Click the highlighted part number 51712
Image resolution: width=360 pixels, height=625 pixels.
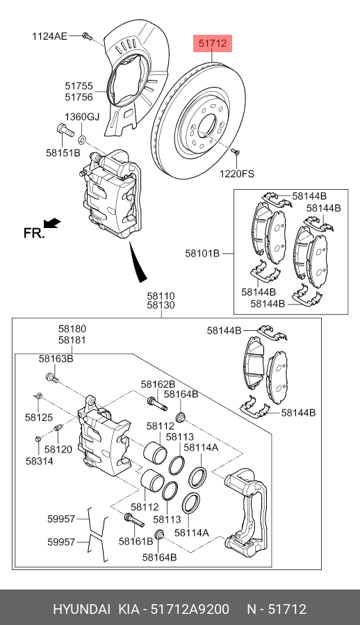[213, 43]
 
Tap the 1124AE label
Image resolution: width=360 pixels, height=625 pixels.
[50, 36]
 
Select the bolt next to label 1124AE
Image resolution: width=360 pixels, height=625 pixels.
[88, 37]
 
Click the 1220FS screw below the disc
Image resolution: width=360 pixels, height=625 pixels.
[235, 152]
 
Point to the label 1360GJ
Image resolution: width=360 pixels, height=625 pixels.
[82, 117]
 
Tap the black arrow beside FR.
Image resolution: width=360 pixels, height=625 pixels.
[52, 223]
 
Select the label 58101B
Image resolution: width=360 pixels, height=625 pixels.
[202, 253]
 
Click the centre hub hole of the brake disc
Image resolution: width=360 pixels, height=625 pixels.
[206, 127]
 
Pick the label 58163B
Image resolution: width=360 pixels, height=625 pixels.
[56, 359]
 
